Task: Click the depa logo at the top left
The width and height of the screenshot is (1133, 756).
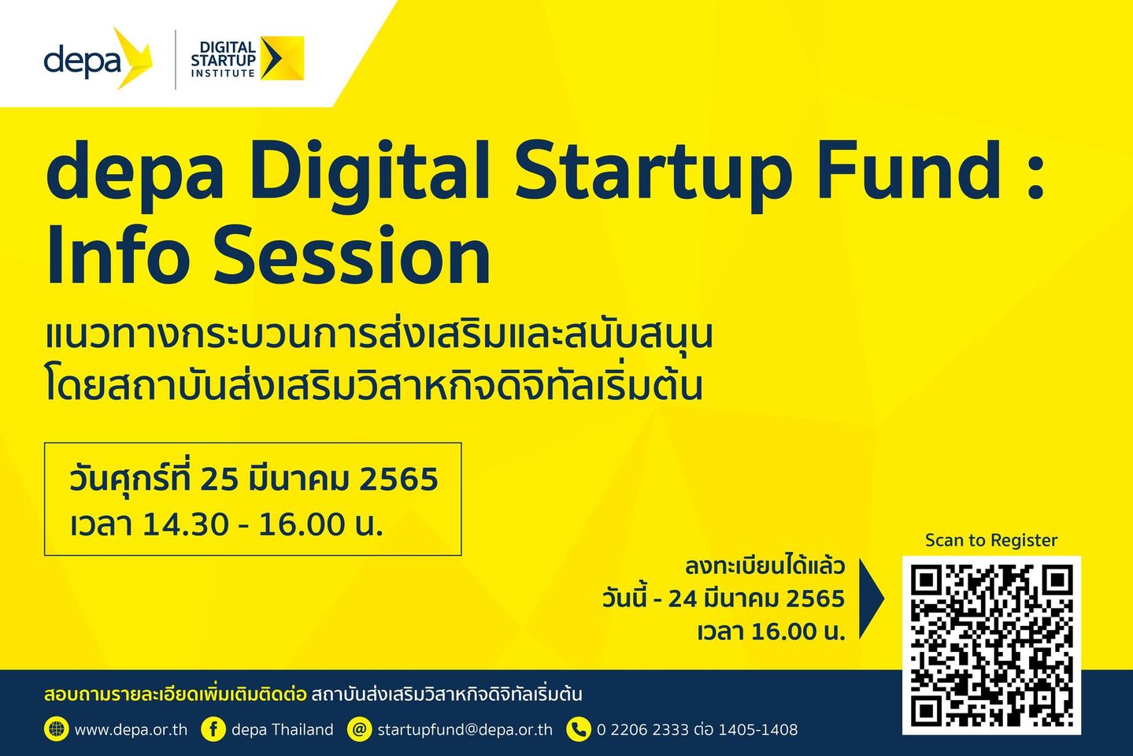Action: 98,58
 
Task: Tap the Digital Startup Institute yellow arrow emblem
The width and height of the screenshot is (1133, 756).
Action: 282,58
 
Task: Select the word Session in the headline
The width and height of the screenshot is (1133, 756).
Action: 352,255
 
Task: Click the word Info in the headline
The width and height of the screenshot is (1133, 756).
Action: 118,255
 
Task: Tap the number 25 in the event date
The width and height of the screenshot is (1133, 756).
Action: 219,479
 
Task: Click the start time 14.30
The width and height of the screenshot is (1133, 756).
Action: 185,524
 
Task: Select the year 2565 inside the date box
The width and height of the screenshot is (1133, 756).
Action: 398,479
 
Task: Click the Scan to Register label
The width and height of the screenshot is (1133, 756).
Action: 990,540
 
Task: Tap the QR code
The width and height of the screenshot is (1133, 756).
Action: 991,645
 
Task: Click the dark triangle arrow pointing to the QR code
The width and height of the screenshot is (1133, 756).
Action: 872,598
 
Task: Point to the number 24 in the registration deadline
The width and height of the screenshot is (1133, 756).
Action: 686,599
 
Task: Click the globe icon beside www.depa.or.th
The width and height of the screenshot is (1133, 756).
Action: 56,729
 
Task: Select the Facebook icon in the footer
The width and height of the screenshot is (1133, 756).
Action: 213,729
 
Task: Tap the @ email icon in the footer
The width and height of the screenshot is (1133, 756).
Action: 359,729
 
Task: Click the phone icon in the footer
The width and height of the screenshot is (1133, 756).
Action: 578,729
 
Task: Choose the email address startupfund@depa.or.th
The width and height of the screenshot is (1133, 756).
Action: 465,730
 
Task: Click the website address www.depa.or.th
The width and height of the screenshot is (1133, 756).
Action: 131,730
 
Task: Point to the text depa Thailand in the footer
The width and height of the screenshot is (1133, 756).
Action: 282,730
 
